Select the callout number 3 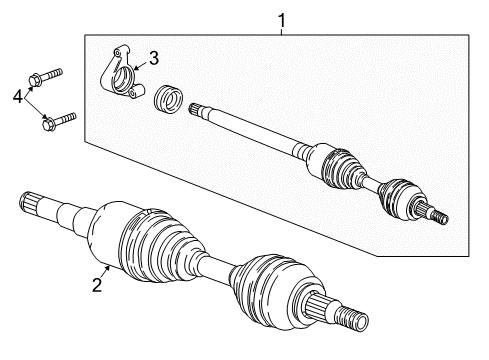[153, 57]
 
